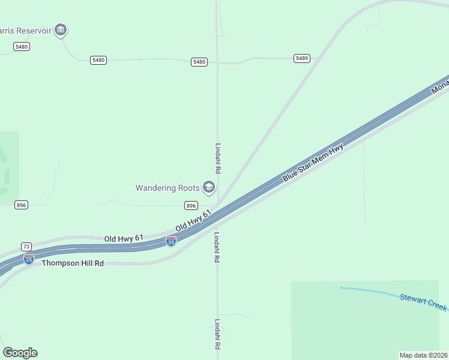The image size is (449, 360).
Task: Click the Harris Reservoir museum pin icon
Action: tap(60, 29)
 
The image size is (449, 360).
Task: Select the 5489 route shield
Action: tap(302, 58)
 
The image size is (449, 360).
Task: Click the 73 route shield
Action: tap(26, 247)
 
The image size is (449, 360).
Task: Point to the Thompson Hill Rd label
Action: tap(73, 263)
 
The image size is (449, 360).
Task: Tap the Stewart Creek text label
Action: tap(423, 302)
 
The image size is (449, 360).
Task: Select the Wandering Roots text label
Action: tap(167, 188)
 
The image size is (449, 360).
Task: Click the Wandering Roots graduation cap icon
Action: tap(209, 188)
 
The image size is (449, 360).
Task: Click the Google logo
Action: tap(20, 353)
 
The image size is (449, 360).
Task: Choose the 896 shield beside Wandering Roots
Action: tap(191, 205)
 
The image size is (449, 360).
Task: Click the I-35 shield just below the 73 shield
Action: tap(28, 259)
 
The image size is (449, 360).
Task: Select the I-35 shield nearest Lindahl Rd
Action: tap(171, 241)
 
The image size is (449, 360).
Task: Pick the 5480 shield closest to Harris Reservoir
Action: tap(22, 46)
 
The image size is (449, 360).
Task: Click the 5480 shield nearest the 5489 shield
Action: tap(199, 62)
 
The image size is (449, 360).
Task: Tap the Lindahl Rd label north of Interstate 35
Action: tap(218, 158)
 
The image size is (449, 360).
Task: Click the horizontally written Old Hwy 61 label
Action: tap(124, 238)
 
